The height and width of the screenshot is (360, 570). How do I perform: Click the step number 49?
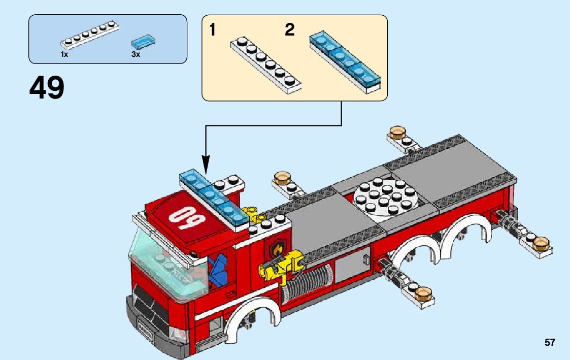point(47,88)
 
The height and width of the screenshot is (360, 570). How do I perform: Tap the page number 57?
point(550,343)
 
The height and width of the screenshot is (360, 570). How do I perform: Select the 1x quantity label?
point(64,54)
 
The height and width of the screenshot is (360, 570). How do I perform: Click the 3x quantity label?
point(136,54)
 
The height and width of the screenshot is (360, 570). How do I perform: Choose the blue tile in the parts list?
point(142,42)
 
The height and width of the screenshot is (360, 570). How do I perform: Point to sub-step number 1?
point(213,30)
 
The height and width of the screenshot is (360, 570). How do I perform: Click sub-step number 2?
point(289,30)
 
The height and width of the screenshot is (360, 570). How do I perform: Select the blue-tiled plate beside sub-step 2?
point(345,62)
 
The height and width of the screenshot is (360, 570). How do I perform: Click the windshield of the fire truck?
point(165,264)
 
